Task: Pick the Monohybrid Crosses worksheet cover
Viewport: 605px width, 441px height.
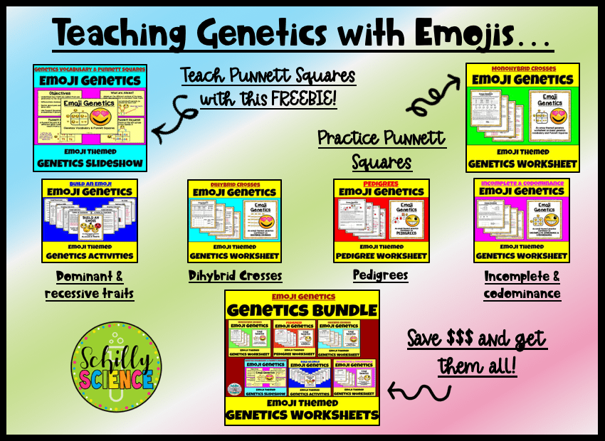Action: (522, 117)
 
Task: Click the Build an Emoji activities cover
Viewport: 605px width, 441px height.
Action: (90, 220)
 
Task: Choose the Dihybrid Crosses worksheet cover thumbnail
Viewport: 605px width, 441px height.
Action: (234, 220)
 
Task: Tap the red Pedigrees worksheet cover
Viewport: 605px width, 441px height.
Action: (382, 220)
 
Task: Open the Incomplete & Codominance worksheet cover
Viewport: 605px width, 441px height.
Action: (522, 220)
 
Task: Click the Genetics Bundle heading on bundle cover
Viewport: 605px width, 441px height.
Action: (302, 310)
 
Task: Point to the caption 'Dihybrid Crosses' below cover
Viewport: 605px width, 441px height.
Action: (235, 275)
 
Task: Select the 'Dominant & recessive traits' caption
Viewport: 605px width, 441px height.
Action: (90, 284)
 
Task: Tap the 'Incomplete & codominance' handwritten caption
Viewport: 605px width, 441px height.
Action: (522, 284)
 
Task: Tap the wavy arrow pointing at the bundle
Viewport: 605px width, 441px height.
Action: (420, 390)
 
